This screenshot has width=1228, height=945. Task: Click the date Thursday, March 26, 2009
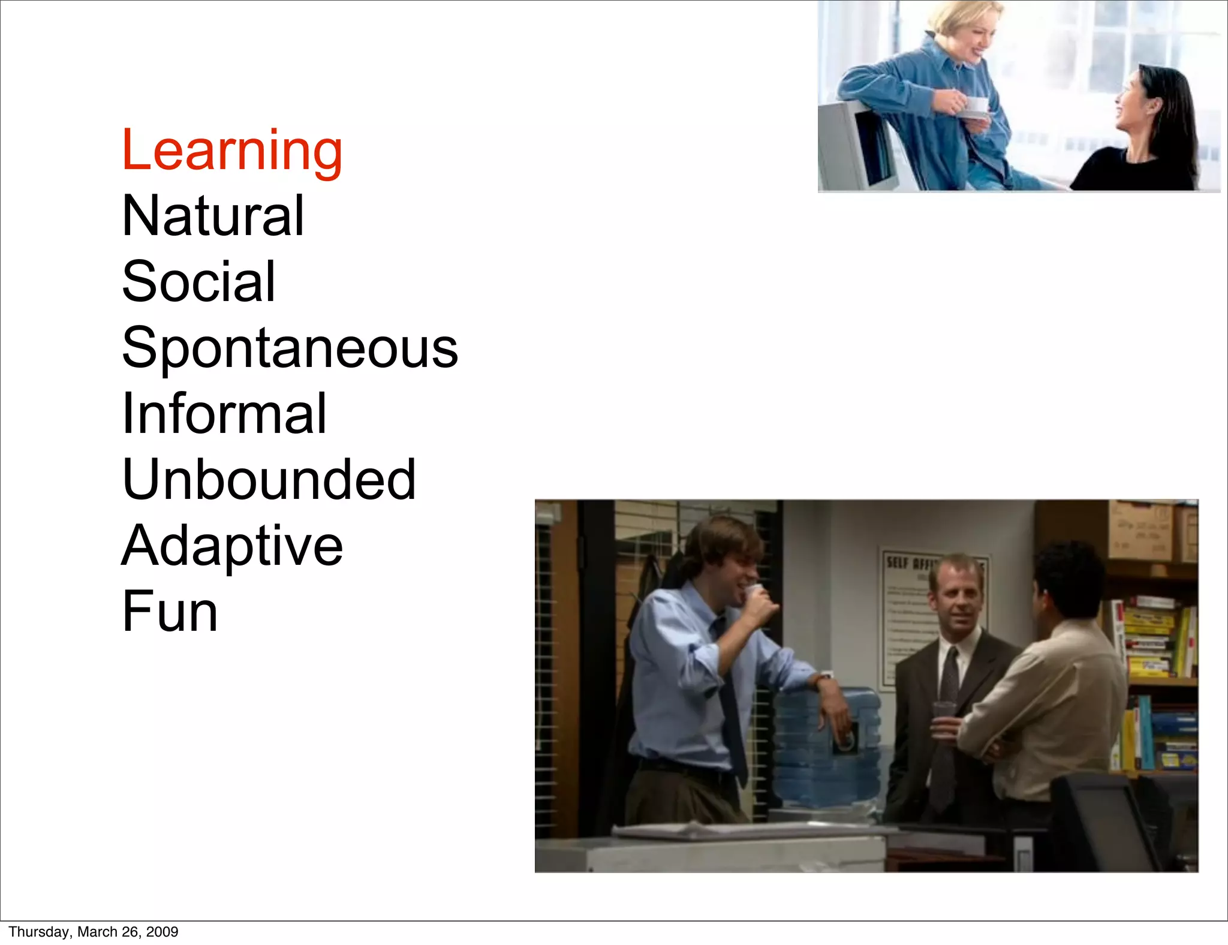click(94, 932)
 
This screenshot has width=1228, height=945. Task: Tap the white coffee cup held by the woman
click(976, 106)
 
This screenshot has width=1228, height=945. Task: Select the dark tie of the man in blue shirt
click(730, 702)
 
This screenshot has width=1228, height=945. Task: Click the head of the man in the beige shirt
click(1067, 579)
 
